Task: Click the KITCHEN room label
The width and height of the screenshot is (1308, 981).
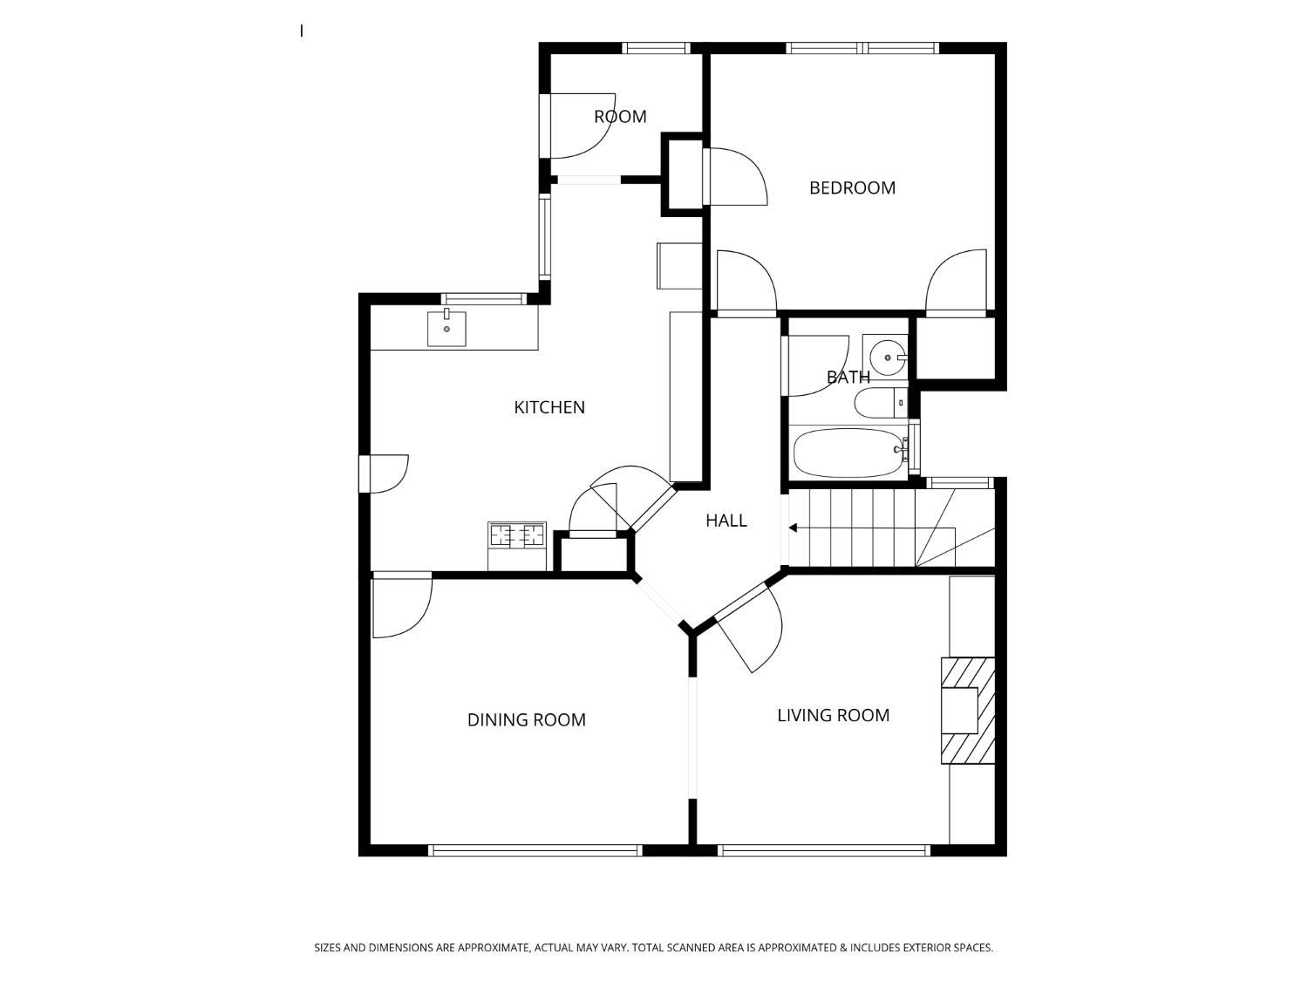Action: (x=548, y=407)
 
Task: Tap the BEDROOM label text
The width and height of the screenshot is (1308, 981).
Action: (x=852, y=188)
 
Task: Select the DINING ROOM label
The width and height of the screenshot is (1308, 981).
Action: (x=526, y=720)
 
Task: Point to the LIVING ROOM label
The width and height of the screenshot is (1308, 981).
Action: (x=833, y=715)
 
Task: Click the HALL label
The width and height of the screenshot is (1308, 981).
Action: (x=726, y=521)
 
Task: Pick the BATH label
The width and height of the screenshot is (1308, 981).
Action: (x=848, y=377)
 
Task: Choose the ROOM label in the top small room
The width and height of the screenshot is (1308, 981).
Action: (x=620, y=117)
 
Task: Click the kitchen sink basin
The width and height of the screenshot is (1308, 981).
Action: (x=446, y=328)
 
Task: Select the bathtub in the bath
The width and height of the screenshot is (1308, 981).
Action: (x=849, y=453)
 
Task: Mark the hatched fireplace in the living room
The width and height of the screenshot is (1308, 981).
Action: (x=968, y=711)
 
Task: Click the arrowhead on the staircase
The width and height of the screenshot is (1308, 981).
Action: (x=794, y=528)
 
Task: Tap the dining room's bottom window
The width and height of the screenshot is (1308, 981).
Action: (x=535, y=850)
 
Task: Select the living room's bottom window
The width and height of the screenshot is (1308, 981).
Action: (x=823, y=850)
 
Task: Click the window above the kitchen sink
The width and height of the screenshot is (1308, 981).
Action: (x=483, y=299)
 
